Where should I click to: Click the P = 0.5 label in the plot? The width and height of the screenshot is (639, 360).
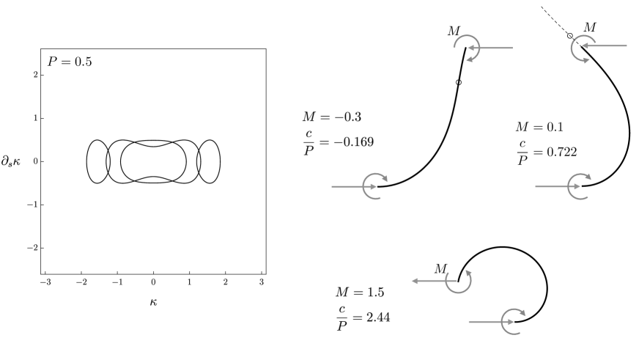point(70,62)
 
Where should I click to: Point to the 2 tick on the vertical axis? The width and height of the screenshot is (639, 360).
point(36,75)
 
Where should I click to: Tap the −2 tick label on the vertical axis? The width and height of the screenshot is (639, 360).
point(32,248)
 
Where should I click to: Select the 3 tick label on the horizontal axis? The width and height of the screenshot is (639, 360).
point(262,282)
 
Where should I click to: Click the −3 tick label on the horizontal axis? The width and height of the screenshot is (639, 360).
point(45,282)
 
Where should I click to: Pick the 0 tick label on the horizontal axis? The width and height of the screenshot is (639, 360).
point(153,282)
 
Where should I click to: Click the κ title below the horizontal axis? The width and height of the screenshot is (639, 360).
point(153,302)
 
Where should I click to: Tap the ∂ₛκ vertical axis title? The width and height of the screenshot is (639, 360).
point(10,161)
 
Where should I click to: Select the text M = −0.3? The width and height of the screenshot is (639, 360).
point(332,117)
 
